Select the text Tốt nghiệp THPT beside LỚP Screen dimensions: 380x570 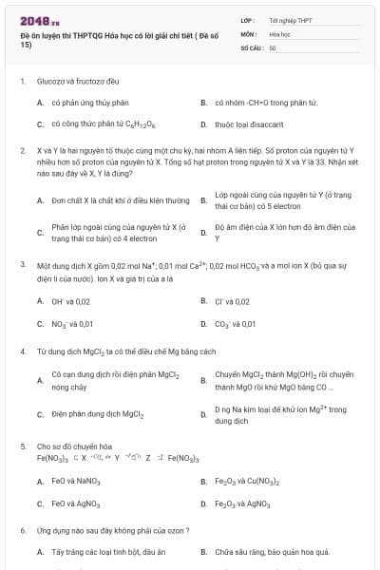click(290, 19)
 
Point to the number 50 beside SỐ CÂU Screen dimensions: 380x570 click(273, 47)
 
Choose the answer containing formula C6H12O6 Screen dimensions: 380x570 click(90, 124)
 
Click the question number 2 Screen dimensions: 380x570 click(22, 151)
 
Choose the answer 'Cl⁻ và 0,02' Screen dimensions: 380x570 click(233, 301)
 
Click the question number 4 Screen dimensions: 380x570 click(22, 351)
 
